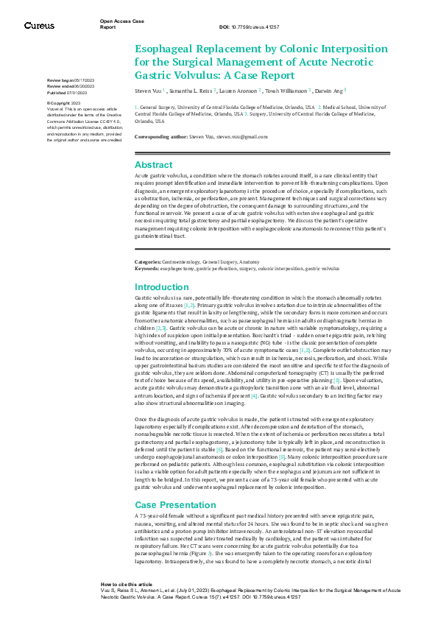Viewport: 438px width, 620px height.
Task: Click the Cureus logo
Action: pyautogui.click(x=39, y=26)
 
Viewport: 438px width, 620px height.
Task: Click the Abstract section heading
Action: pyautogui.click(x=153, y=165)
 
